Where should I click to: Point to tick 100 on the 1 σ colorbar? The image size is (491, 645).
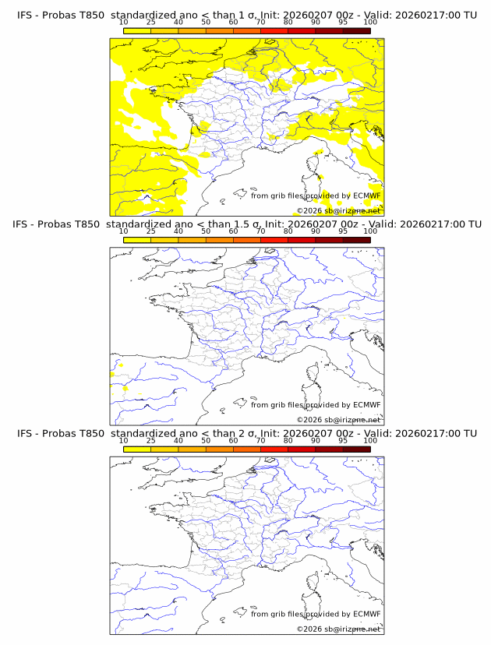[x=370, y=22]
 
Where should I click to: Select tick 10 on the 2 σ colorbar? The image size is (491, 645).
[x=124, y=440]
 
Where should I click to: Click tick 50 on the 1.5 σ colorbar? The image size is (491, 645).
[x=206, y=231]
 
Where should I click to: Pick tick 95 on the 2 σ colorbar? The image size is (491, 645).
[x=343, y=440]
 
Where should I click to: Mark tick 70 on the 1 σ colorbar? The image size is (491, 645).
[x=260, y=22]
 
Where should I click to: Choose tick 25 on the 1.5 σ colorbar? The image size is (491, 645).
[x=151, y=231]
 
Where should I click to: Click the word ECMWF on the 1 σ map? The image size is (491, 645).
[x=367, y=196]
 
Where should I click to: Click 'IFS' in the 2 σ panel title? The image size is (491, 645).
[x=25, y=433]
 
